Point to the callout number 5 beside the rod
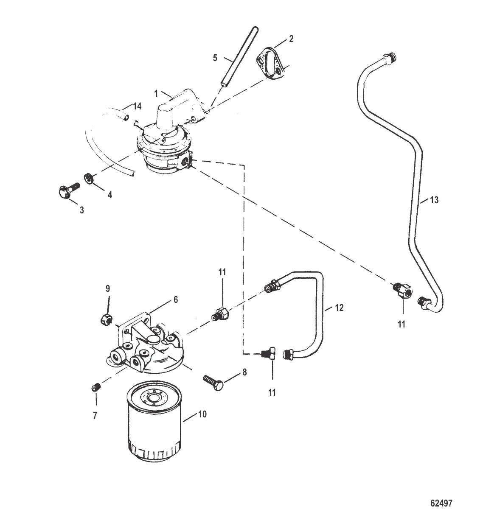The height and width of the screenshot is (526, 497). (215, 58)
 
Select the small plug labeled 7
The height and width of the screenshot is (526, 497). (96, 387)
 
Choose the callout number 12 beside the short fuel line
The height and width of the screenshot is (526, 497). (339, 308)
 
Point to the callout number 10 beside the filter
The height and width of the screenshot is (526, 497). (202, 414)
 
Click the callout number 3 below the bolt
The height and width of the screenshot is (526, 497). (81, 210)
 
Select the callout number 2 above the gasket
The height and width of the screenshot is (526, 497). (291, 39)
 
